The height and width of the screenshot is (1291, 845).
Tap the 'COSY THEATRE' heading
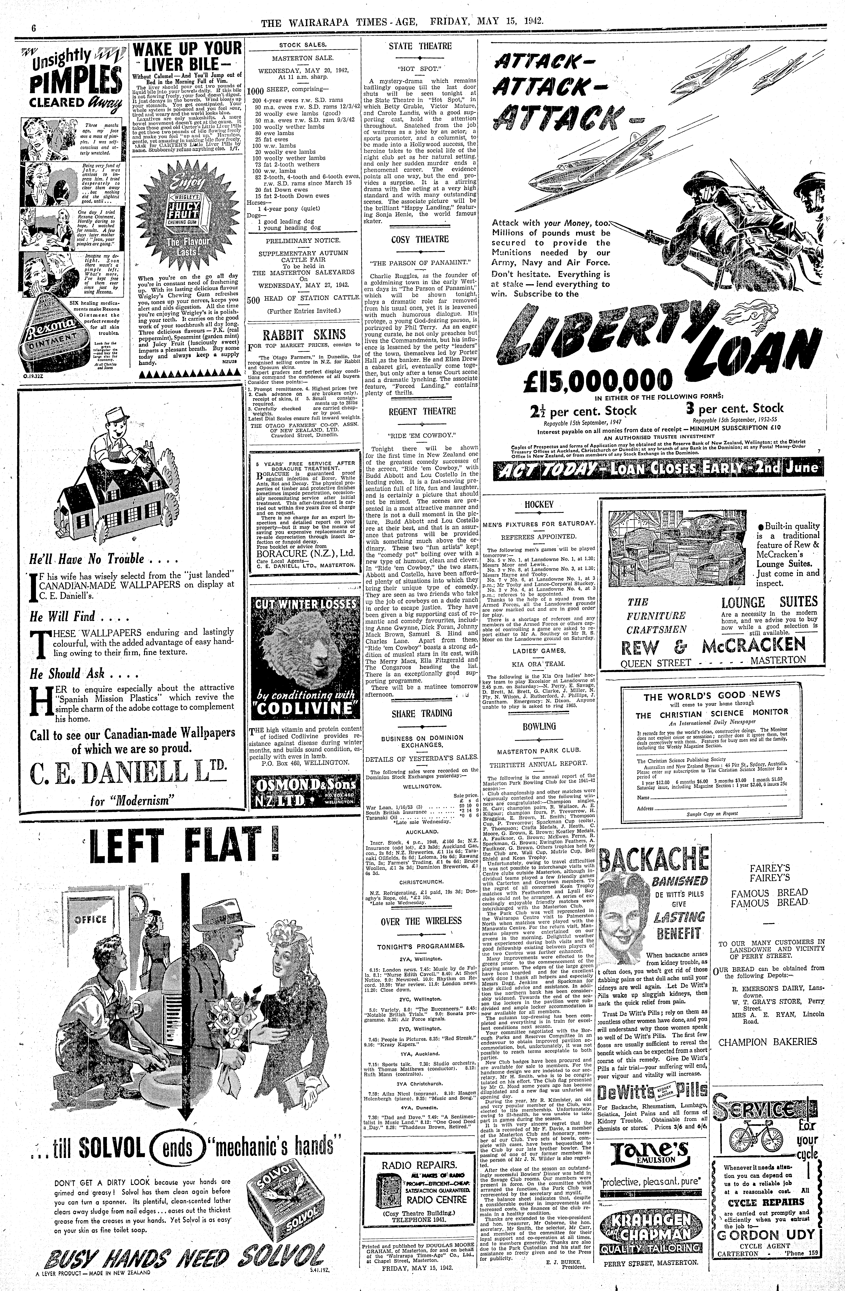click(420, 239)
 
